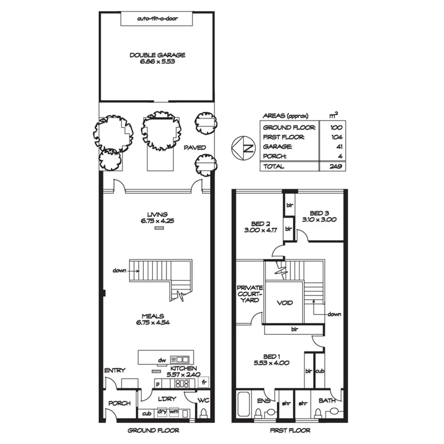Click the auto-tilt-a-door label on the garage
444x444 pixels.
tap(157, 19)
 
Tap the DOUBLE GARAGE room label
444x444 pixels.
tap(157, 55)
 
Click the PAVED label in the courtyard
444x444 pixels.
tap(195, 148)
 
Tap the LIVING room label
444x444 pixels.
tap(157, 214)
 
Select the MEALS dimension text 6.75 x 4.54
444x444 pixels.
tap(153, 322)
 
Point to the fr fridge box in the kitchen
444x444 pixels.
tap(204, 383)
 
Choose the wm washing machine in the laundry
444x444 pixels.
tap(174, 413)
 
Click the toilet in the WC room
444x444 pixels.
tap(204, 413)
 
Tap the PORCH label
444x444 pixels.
tap(119, 403)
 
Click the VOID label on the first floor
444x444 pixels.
tap(284, 303)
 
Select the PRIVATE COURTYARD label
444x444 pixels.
tap(250, 294)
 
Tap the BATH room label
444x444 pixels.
tap(327, 400)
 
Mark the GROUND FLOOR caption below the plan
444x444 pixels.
tap(153, 431)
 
